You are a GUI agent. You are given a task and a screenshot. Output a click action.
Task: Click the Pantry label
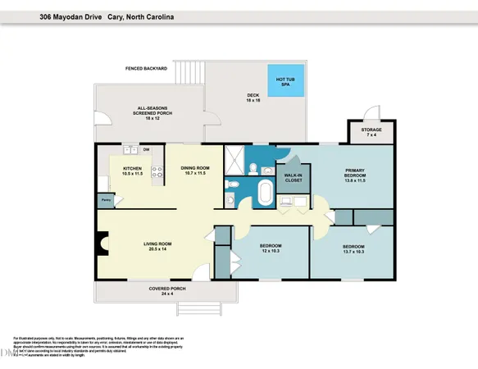(x=107, y=199)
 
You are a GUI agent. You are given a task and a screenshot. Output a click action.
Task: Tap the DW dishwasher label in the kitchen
(x=146, y=150)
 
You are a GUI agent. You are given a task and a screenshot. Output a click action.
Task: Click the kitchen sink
(x=129, y=150)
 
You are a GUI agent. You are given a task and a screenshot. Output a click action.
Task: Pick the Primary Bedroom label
(x=354, y=175)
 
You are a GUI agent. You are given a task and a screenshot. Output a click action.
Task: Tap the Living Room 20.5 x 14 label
(x=153, y=244)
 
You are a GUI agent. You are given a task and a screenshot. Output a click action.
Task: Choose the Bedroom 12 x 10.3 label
(x=271, y=248)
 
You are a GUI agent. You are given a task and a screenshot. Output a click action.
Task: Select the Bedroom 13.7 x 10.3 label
(x=353, y=248)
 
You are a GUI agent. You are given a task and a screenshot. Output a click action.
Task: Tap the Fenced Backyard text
(x=146, y=68)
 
